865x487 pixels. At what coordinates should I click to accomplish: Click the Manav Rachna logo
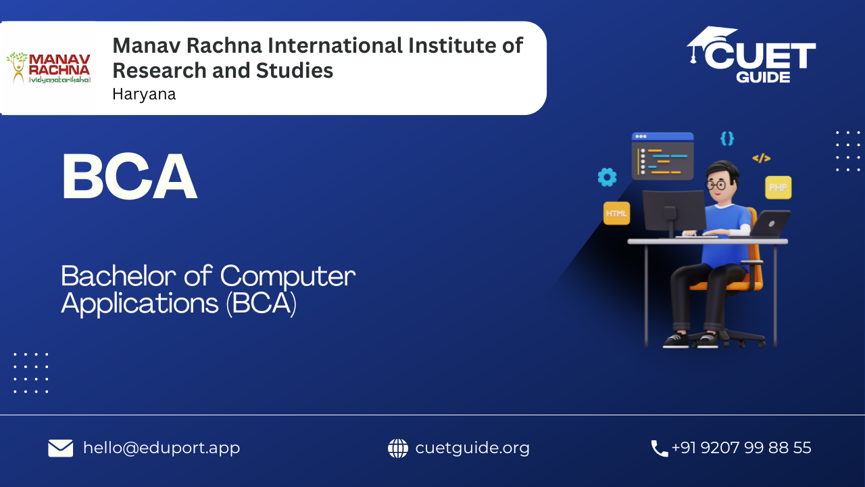point(49,68)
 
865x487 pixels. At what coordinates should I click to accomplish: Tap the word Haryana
point(144,94)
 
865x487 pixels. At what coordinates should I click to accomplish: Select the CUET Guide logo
point(751,55)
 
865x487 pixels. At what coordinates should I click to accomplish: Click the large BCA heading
point(130,177)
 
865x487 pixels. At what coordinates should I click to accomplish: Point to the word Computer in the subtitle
point(288,277)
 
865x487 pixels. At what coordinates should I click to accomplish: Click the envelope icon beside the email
point(61,448)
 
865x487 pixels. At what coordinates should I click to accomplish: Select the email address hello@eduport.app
point(162,448)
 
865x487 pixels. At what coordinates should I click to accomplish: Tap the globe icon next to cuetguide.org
point(398,448)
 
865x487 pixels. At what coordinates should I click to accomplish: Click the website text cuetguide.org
point(472,448)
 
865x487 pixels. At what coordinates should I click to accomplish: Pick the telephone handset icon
point(660,448)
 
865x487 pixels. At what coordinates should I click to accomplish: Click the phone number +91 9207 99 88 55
point(741,448)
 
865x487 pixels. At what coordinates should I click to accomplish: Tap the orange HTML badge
point(617,213)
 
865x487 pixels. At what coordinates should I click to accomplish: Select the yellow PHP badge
point(778,188)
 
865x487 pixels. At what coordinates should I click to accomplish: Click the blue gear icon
point(607,177)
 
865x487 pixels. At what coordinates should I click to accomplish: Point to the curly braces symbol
point(727,139)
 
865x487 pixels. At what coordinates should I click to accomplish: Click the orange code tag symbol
point(762,158)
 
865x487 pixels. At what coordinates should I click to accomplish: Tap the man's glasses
point(717,185)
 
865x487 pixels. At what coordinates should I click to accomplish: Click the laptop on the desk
point(771,223)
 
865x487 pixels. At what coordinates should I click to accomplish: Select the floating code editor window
point(663,156)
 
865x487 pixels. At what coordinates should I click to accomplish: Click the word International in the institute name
point(335,45)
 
